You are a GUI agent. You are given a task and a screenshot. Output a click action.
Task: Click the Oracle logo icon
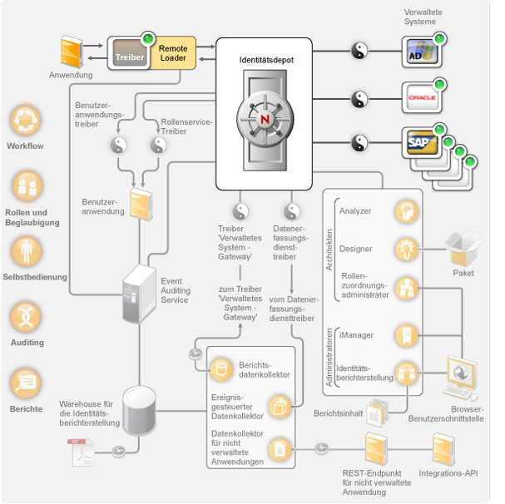[x=420, y=98]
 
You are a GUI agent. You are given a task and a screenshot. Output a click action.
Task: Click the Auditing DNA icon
[x=26, y=318]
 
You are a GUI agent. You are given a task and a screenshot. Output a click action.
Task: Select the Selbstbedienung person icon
[x=25, y=252]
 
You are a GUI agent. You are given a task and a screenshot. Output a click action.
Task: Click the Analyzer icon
[x=405, y=210]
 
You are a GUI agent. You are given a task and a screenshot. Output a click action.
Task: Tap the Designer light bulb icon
[x=405, y=248]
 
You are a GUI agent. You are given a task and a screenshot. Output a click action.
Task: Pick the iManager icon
[x=405, y=335]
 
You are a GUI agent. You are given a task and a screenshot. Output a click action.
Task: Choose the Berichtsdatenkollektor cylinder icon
[x=222, y=368]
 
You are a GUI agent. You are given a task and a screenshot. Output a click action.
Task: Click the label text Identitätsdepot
[x=265, y=61]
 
